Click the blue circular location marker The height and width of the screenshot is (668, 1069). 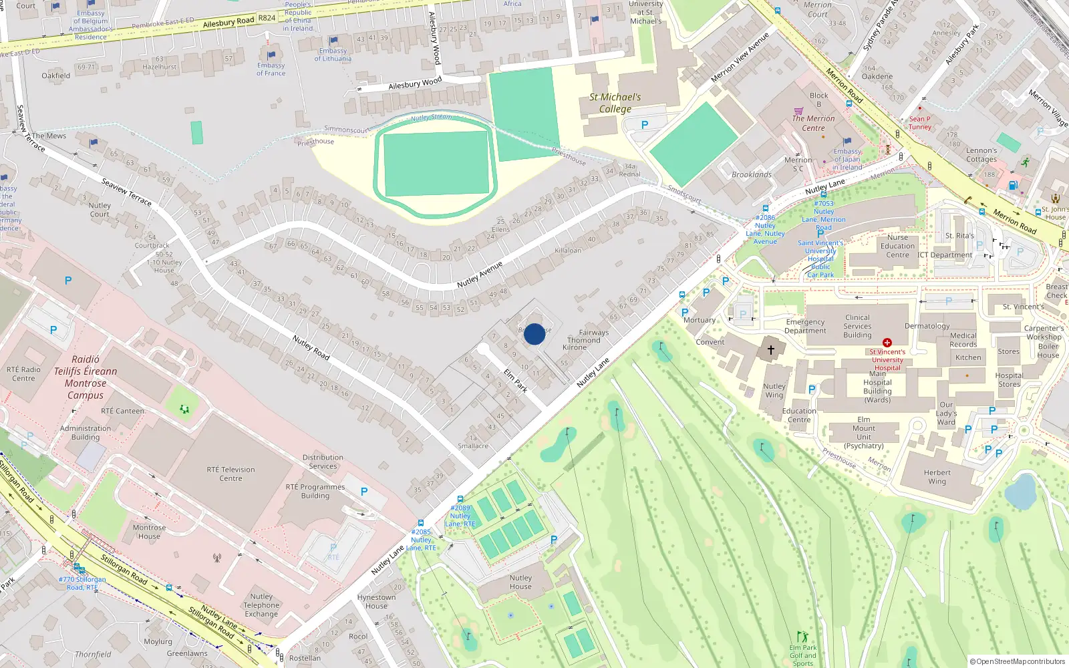tap(534, 334)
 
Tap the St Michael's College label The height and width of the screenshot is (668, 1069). tap(615, 103)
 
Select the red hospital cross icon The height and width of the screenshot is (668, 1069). tap(887, 343)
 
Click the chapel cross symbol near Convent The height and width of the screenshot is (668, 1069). tap(770, 349)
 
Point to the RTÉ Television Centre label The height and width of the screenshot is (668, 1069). tap(231, 474)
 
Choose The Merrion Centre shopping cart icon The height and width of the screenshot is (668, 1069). tap(798, 111)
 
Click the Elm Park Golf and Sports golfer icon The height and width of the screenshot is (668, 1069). tap(802, 637)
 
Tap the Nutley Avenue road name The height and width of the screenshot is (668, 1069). tap(479, 275)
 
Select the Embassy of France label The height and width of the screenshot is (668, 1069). tap(271, 69)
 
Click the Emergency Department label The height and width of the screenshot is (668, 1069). tap(805, 326)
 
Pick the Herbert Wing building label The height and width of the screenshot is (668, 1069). tap(937, 476)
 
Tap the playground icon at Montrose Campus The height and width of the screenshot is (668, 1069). tap(184, 409)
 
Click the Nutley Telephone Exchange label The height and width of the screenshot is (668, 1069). tap(261, 605)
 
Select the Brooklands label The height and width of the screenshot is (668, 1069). tap(751, 174)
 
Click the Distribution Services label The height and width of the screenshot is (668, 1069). tap(323, 462)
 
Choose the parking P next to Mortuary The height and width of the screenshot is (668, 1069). tap(685, 312)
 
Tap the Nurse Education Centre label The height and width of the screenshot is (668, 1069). tap(897, 246)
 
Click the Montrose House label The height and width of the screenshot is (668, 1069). tap(149, 532)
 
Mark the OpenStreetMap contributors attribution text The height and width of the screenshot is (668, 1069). tap(1017, 661)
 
